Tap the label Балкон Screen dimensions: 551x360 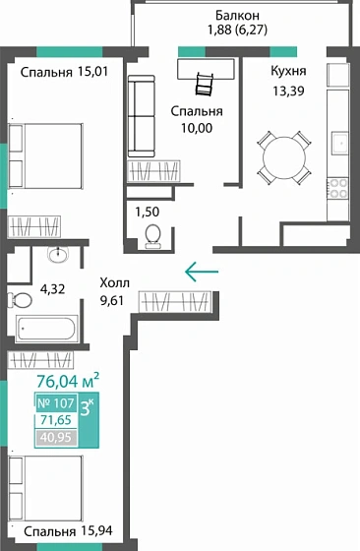(x=239, y=16)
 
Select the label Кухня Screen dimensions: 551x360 (x=288, y=72)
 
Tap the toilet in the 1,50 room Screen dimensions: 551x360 (x=152, y=233)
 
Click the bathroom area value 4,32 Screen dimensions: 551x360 (x=52, y=290)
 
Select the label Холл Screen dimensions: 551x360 (x=114, y=282)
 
